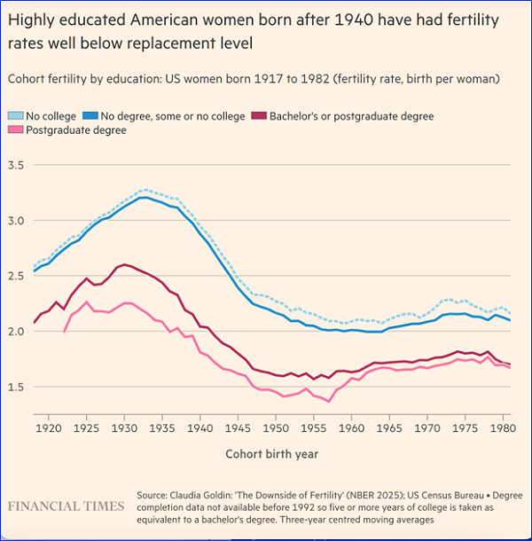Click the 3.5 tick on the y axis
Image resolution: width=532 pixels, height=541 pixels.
click(x=17, y=165)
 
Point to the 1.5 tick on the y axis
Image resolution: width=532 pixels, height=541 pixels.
click(x=17, y=387)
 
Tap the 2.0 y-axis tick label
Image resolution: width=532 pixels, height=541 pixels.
click(x=17, y=331)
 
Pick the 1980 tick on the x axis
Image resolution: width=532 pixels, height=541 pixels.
click(x=504, y=428)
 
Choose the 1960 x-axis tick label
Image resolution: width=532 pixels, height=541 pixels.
click(x=352, y=428)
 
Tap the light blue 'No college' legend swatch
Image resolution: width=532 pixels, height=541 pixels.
click(x=16, y=116)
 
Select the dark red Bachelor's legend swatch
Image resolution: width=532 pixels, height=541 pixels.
click(x=259, y=116)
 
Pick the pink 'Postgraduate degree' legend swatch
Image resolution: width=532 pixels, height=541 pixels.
click(x=16, y=130)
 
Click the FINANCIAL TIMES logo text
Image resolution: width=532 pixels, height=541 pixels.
click(x=66, y=506)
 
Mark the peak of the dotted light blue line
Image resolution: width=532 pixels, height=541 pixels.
click(x=144, y=189)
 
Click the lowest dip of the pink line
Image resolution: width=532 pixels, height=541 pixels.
click(x=329, y=402)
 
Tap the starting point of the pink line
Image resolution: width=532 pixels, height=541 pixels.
click(x=64, y=332)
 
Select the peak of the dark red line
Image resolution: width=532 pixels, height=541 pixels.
click(x=123, y=264)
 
